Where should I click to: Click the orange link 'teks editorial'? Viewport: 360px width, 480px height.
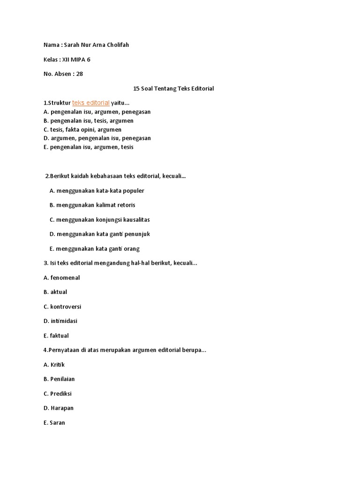click(91, 103)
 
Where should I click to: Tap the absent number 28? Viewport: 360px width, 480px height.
click(79, 74)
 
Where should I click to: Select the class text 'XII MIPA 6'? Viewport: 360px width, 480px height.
click(76, 59)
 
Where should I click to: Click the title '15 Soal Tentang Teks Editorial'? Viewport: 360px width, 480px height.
click(173, 88)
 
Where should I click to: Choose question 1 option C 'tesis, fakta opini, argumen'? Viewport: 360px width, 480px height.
click(82, 129)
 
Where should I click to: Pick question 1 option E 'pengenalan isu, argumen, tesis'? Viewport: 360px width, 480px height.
click(89, 147)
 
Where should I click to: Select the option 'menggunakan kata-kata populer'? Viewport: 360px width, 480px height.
click(97, 191)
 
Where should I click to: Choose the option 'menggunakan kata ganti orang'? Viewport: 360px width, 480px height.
click(94, 249)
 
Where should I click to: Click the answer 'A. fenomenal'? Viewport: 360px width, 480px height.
click(62, 278)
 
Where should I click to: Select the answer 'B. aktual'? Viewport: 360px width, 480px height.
click(55, 292)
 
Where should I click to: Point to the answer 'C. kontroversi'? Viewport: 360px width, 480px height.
click(62, 307)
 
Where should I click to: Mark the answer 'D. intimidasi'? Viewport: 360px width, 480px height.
click(60, 321)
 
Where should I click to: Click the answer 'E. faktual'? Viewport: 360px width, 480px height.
click(56, 336)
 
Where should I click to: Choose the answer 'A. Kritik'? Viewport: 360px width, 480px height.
click(54, 365)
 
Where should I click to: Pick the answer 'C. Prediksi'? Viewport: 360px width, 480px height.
click(58, 394)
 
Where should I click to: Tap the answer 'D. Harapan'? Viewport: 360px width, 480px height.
click(59, 408)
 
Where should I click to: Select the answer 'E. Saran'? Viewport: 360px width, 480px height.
click(54, 423)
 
